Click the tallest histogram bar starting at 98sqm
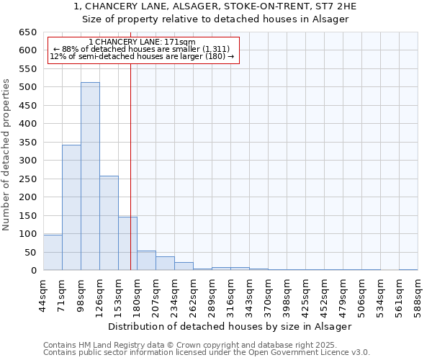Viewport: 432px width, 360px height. (90, 176)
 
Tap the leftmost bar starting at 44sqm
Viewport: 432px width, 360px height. (53, 252)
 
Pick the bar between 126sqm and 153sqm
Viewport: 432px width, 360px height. (109, 223)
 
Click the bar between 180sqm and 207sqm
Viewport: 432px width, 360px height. (146, 261)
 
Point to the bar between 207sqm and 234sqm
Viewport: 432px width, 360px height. (165, 264)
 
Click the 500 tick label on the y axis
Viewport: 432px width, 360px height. (27, 87)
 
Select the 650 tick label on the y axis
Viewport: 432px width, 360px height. (27, 32)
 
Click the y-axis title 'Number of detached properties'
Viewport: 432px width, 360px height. (7, 155)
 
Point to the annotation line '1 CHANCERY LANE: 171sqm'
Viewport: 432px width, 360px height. (142, 42)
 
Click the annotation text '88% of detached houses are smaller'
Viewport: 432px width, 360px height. (142, 50)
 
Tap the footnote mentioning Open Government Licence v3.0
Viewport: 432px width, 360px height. (207, 353)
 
